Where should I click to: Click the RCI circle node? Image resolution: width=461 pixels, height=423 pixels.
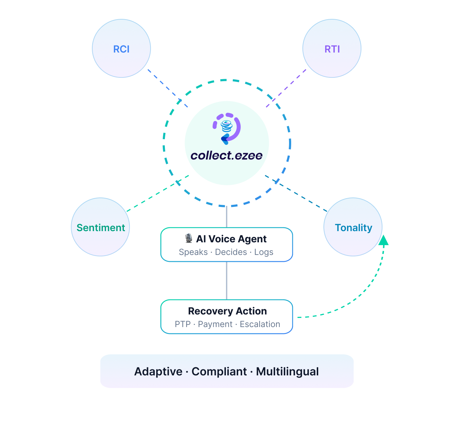tap(121, 49)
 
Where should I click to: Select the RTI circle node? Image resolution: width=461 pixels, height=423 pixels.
tap(332, 49)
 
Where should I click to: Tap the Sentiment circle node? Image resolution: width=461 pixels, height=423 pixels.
tap(100, 227)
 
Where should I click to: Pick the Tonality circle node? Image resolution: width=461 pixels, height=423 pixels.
tap(353, 227)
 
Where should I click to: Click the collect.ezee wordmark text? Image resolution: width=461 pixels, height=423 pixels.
tap(227, 155)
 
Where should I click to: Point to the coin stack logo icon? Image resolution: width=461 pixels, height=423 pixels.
tap(227, 126)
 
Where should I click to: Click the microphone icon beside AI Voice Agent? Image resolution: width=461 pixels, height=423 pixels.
tap(189, 238)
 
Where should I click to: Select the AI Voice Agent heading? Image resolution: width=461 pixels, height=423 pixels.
tap(231, 239)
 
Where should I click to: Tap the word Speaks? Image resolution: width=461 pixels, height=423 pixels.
tap(193, 252)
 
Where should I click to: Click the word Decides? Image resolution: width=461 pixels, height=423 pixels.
tap(231, 252)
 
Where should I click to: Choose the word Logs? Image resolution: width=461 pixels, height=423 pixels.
tap(264, 252)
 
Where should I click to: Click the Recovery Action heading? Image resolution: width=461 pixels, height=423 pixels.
tap(227, 311)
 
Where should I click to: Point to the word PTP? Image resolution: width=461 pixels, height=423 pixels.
tap(182, 324)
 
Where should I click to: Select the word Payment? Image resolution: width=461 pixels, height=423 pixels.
tap(215, 324)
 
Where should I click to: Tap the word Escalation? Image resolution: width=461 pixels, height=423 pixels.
tap(260, 324)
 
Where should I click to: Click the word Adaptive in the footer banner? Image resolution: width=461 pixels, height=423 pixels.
tap(158, 372)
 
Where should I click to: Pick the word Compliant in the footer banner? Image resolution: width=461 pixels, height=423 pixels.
tap(219, 372)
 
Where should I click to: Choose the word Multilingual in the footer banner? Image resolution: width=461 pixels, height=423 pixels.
tap(287, 372)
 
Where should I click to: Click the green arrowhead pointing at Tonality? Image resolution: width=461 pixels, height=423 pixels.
tap(384, 240)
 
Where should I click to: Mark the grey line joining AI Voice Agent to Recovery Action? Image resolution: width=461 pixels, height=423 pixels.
tap(227, 280)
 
